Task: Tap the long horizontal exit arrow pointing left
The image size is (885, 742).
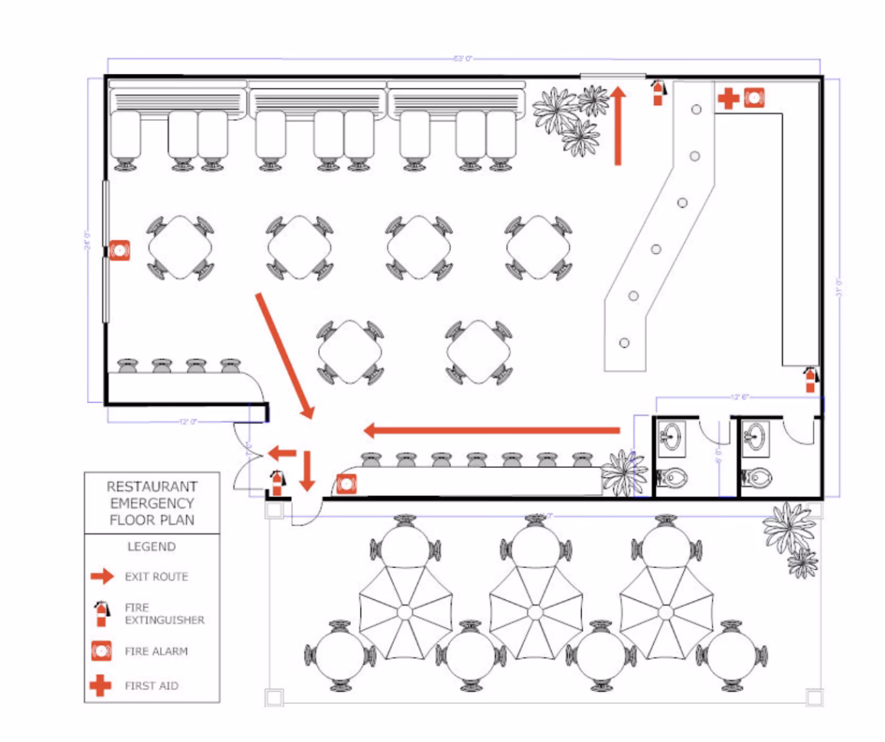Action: point(491,431)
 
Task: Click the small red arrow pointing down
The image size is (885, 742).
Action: point(307,471)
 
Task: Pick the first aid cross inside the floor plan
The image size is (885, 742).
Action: point(729,98)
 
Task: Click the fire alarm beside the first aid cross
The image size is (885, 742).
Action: point(754,98)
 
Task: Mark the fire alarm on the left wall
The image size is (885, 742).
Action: point(119,250)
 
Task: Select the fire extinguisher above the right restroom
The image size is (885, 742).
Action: point(810,379)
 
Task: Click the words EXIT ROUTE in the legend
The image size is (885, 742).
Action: point(156,576)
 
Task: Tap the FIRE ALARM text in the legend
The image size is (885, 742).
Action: point(156,652)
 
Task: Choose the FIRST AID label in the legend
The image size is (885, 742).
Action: point(151,686)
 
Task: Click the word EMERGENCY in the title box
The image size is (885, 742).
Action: point(152,503)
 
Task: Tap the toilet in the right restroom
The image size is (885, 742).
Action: point(755,479)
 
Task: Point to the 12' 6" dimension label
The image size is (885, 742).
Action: point(739,397)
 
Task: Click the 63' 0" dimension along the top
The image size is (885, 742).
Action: point(463,59)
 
